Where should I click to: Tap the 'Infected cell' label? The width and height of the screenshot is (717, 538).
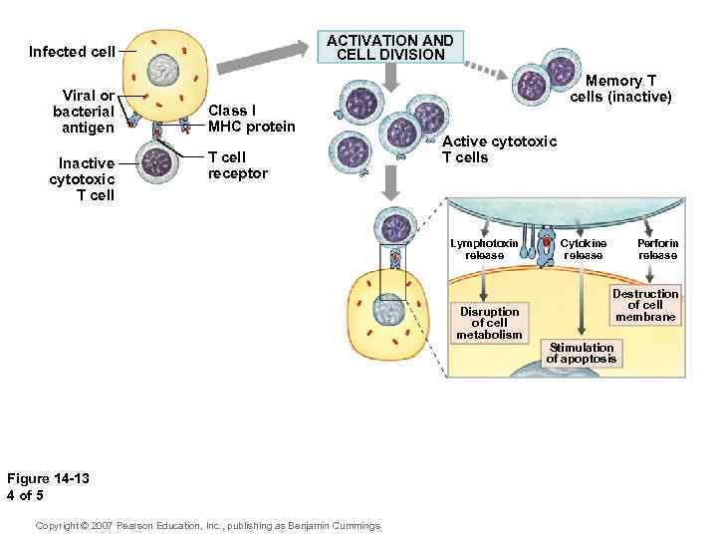click(x=72, y=51)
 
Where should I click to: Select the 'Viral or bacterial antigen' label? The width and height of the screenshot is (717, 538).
click(x=84, y=112)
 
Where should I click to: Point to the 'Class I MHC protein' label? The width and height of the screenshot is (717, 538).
click(x=251, y=118)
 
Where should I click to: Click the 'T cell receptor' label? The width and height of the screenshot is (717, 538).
click(x=237, y=165)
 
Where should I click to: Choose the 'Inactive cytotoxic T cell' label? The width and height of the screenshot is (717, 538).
click(x=82, y=178)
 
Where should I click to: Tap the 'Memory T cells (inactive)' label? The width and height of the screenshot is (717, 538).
click(x=620, y=89)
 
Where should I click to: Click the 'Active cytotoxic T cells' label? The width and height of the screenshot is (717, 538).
click(x=499, y=149)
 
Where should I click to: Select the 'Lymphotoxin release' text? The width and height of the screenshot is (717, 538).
click(x=484, y=249)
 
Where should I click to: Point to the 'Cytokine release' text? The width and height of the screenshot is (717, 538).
click(x=583, y=249)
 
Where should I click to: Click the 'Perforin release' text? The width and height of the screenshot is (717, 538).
click(x=657, y=249)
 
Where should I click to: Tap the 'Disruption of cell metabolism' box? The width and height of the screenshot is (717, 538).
click(x=489, y=323)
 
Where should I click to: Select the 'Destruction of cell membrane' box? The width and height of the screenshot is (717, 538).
click(x=644, y=305)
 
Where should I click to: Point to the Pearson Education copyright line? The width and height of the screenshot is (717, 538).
click(x=207, y=525)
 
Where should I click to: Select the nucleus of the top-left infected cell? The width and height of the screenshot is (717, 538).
click(x=164, y=70)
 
